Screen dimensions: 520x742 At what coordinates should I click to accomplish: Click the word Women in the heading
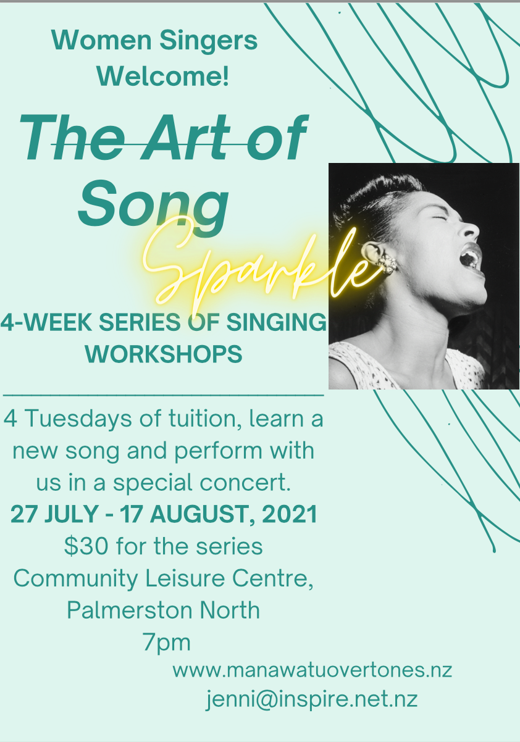coord(101,40)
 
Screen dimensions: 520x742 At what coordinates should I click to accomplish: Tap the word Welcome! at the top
coord(162,76)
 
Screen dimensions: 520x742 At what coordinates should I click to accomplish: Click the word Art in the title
coord(185,138)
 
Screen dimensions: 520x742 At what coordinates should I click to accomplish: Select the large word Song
coord(153,207)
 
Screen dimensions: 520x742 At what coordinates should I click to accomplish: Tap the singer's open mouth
coord(470,257)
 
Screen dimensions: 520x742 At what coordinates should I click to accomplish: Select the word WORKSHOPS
coord(164,354)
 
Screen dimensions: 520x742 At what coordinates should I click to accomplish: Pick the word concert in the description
coord(245,482)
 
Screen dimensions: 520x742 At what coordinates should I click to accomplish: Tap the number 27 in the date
coord(24,514)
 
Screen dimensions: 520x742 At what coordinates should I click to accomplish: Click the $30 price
coord(86,546)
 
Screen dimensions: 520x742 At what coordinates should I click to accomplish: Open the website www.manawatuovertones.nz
coord(312,670)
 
